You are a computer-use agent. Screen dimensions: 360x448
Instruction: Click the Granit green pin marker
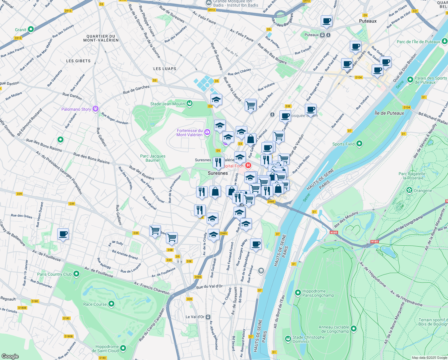pos(31,29)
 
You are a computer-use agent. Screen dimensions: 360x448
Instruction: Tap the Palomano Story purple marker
pos(96,109)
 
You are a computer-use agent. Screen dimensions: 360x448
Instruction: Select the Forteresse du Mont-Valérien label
pos(190,133)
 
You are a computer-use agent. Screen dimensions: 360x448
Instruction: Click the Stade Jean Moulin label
pos(168,104)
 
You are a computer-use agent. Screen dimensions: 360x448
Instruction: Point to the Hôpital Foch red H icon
pos(248,165)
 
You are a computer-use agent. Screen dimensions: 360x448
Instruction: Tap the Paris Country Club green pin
pos(76,274)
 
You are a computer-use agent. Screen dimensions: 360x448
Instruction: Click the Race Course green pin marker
pos(111,304)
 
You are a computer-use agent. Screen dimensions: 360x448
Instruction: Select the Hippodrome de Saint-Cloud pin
pos(123,348)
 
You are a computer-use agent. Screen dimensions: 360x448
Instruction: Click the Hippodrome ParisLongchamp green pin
pos(298,292)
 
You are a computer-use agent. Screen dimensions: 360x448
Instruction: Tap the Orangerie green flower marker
pos(409,190)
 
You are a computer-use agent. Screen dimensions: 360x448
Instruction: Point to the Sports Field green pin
pos(359,144)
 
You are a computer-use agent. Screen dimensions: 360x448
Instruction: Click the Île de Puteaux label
pos(389,113)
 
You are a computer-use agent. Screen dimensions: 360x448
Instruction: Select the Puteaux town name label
pos(368,21)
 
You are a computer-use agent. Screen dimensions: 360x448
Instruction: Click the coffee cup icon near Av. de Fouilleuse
pos(63,234)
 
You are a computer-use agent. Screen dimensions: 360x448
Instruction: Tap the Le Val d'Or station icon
pos(208,317)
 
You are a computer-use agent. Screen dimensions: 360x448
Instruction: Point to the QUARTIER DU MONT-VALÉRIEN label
pos(101,38)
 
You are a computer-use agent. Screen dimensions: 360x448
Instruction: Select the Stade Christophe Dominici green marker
pos(288,339)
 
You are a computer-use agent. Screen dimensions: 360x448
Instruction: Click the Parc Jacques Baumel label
pos(153,158)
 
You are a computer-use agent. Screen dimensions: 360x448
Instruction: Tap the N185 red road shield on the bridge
pos(334,232)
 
